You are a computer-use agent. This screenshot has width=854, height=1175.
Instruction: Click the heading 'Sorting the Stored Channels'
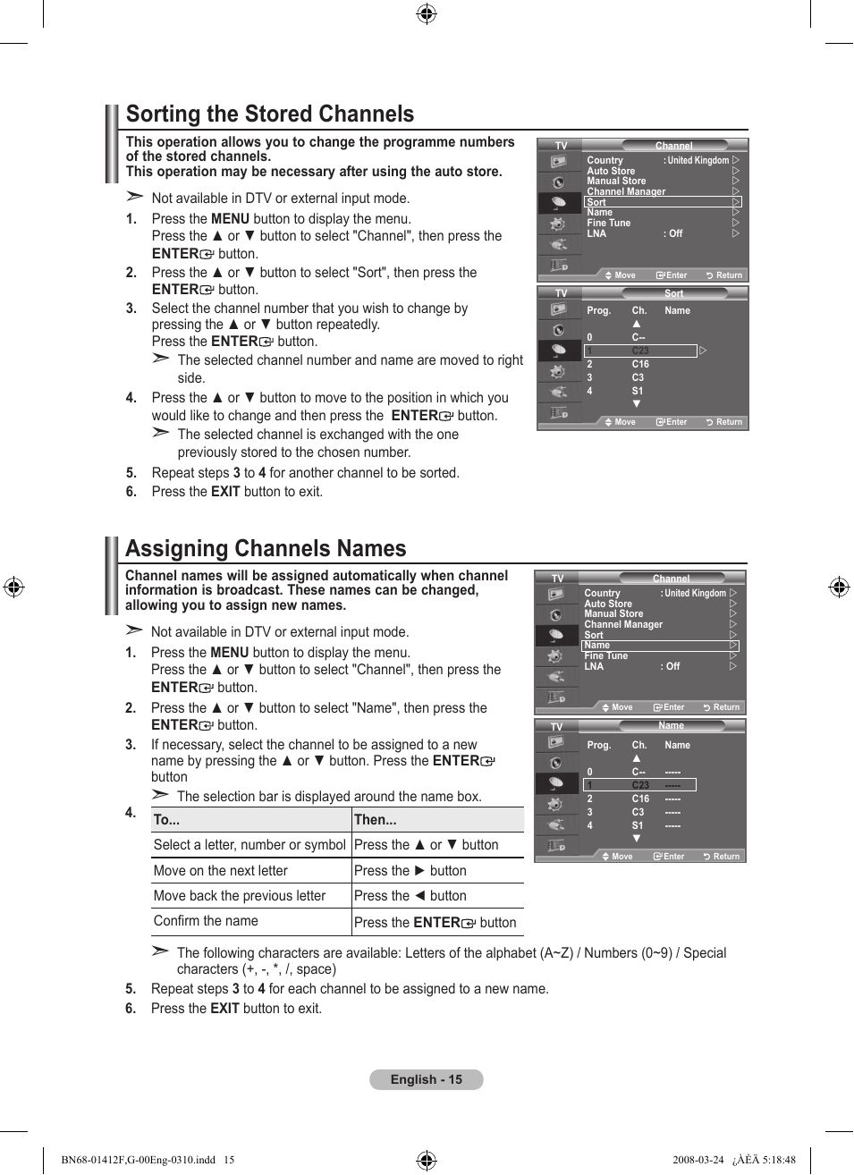pyautogui.click(x=270, y=114)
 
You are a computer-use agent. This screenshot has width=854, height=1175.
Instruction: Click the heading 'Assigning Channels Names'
pyautogui.click(x=266, y=548)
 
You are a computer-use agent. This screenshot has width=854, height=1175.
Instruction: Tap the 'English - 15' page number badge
pyautogui.click(x=427, y=1079)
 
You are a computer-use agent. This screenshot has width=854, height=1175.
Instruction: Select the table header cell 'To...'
pyautogui.click(x=167, y=819)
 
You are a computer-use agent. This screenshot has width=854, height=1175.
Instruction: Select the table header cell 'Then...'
pyautogui.click(x=376, y=819)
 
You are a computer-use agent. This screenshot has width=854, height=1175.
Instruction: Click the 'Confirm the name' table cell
pyautogui.click(x=206, y=921)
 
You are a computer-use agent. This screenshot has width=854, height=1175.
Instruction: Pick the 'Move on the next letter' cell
pyautogui.click(x=221, y=871)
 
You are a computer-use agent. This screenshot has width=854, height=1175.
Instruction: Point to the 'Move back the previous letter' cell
pyautogui.click(x=240, y=896)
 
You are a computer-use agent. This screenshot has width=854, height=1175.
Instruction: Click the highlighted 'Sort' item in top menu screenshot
pyautogui.click(x=596, y=202)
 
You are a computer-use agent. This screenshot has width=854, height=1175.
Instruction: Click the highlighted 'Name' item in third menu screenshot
pyautogui.click(x=597, y=645)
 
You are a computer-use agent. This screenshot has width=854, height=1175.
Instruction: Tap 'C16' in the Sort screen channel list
pyautogui.click(x=640, y=364)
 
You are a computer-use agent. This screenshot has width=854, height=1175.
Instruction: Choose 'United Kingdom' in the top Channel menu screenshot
pyautogui.click(x=698, y=161)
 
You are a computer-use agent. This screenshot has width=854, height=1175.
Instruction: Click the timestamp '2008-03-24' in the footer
pyautogui.click(x=698, y=1160)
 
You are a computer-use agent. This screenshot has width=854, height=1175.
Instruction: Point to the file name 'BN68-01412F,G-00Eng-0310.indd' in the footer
pyautogui.click(x=139, y=1160)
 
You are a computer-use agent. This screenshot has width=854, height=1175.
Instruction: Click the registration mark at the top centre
pyautogui.click(x=427, y=13)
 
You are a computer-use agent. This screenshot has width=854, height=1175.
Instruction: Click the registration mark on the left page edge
pyautogui.click(x=13, y=587)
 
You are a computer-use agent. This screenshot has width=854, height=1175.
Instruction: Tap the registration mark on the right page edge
pyautogui.click(x=839, y=587)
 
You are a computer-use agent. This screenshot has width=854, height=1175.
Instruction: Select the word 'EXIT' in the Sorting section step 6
pyautogui.click(x=225, y=492)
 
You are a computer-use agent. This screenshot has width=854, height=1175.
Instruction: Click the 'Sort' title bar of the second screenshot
pyautogui.click(x=673, y=293)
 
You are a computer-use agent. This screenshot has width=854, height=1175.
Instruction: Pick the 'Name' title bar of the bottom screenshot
pyautogui.click(x=671, y=726)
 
